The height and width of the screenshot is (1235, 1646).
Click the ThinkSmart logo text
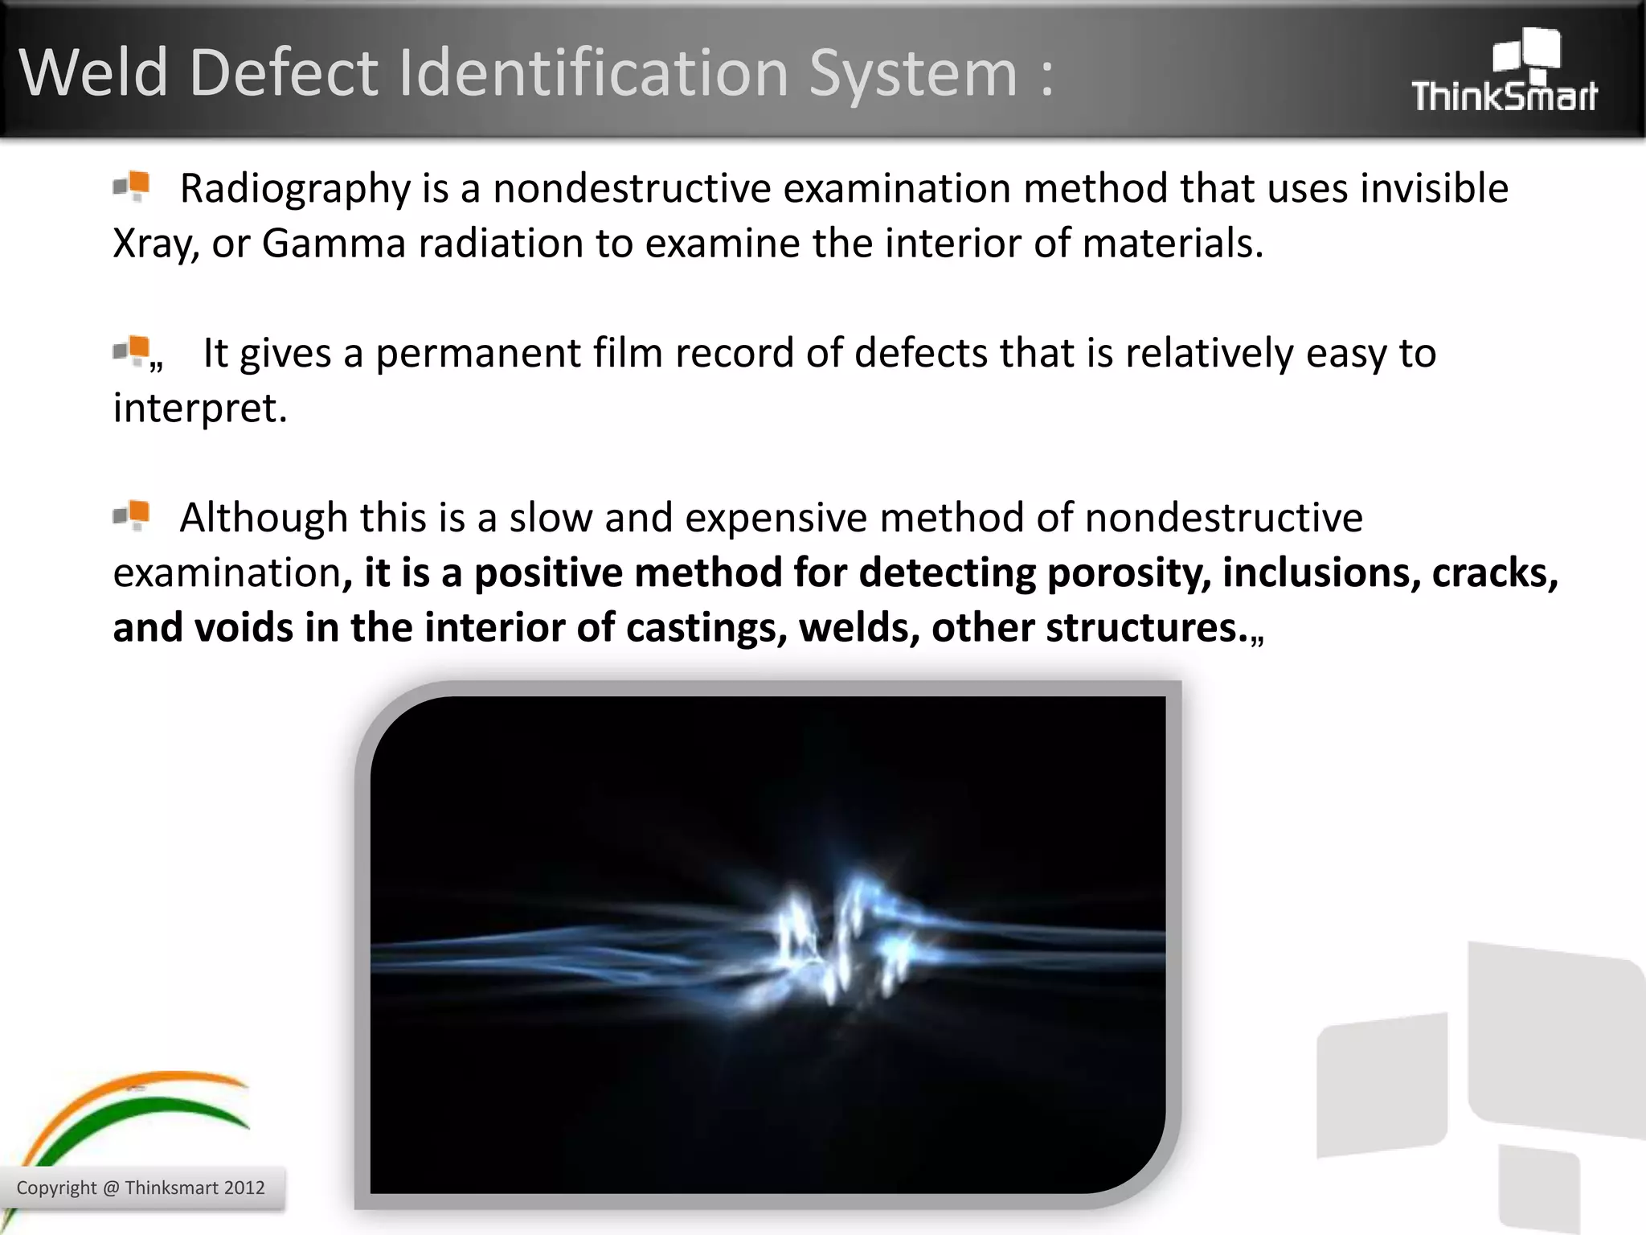1504,96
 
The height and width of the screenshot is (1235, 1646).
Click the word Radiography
295,189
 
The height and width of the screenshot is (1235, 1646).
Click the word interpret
199,408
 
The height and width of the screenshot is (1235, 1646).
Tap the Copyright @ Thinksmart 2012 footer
141,1188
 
